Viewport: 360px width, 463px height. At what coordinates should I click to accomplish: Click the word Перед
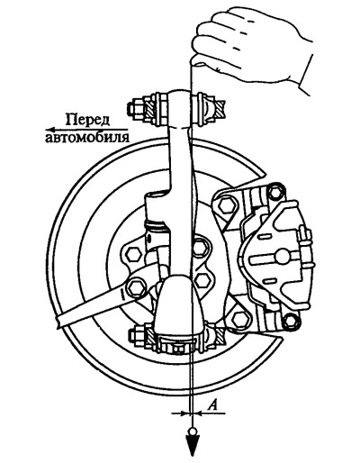coord(87,120)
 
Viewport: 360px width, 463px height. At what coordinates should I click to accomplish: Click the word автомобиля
coord(87,137)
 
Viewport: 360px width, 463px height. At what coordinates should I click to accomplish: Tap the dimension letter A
coord(212,405)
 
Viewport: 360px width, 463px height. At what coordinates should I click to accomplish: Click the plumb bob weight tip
coord(191,456)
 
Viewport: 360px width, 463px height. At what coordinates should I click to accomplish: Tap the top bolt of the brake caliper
coord(275,192)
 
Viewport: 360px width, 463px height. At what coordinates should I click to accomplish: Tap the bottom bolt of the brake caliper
coord(291,321)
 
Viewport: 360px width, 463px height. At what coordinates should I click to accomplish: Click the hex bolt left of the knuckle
coord(133,254)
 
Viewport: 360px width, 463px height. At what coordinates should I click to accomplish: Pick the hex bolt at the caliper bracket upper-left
coord(225,205)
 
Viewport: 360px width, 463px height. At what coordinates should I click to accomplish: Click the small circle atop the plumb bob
coord(191,432)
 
